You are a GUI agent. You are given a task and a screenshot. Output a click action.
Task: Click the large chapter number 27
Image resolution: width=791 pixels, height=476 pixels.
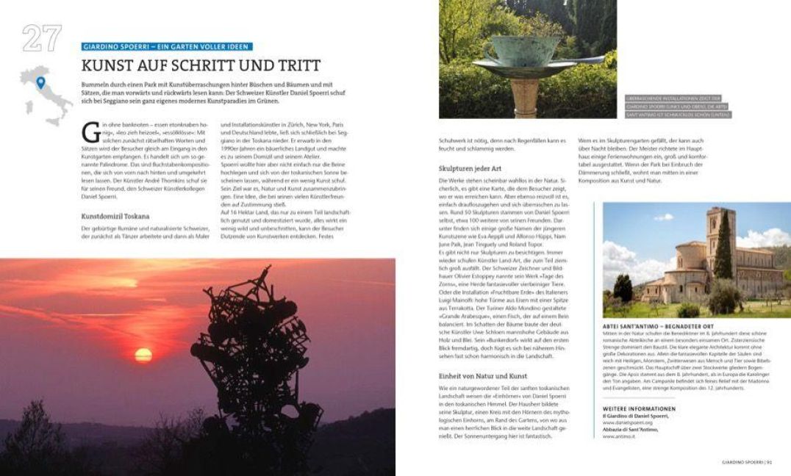pos(41,38)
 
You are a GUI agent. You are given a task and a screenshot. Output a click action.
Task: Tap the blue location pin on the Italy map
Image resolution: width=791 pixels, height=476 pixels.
pos(40,82)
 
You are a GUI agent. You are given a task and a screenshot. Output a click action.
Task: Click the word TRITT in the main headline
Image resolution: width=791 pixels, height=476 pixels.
pos(296,65)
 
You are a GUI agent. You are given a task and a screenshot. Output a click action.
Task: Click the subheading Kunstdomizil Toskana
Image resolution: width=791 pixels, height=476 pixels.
pos(115,216)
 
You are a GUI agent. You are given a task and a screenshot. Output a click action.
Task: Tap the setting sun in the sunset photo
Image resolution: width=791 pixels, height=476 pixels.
pos(143,355)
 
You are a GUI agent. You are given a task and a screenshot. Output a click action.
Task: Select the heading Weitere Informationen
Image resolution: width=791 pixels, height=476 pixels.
pos(638,408)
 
